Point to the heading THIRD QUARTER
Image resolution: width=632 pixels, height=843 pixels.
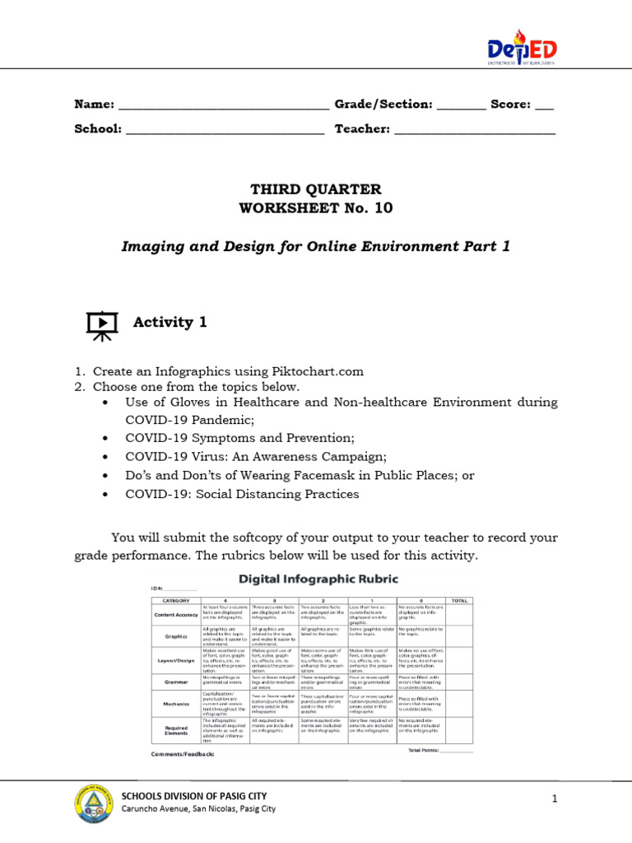coord(316,189)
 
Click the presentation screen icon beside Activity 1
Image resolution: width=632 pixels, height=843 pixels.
coord(102,324)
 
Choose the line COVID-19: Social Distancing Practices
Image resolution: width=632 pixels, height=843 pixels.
coord(242,495)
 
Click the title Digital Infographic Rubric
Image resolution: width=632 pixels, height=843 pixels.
coord(318,580)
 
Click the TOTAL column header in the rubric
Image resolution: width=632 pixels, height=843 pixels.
coord(458,601)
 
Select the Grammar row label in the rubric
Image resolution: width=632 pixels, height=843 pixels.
coord(175,682)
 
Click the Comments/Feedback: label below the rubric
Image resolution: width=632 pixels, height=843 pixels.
coord(183,754)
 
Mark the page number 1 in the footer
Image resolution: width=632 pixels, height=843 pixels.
coord(555,799)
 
